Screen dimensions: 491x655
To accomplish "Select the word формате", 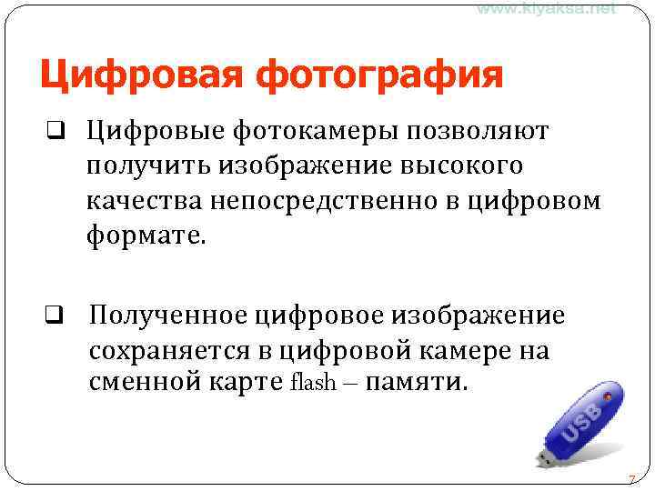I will [x=146, y=235].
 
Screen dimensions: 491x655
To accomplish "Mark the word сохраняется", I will [x=181, y=350].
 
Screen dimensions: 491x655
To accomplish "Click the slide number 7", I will [x=631, y=479].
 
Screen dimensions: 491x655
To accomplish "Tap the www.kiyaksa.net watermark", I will [x=546, y=8].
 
